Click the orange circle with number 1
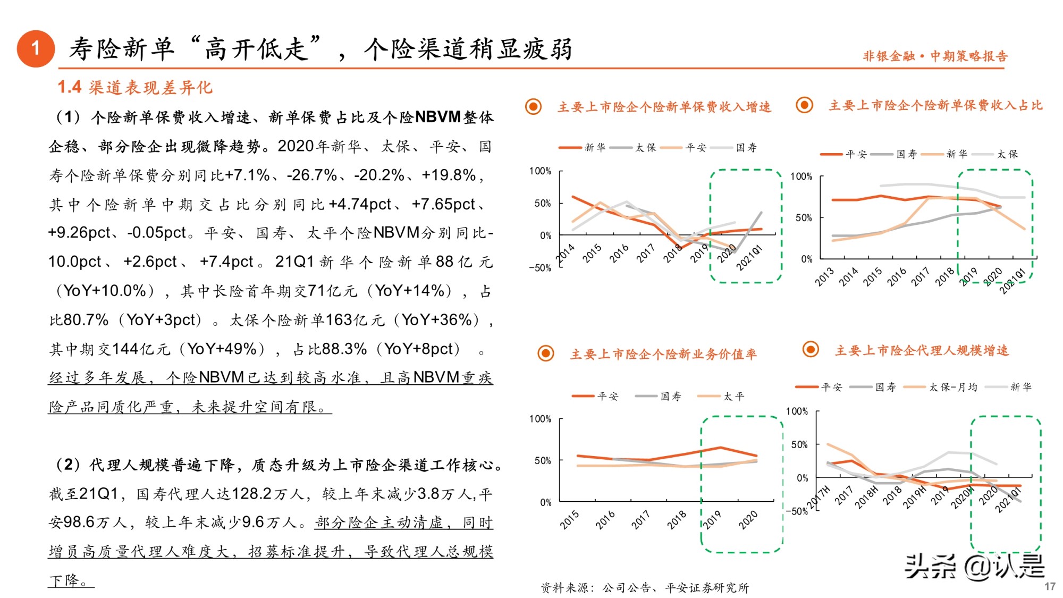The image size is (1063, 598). [x=36, y=49]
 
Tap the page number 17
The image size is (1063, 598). [x=1049, y=586]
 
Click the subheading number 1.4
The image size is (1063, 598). [x=69, y=87]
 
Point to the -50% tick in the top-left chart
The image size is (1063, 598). [x=540, y=268]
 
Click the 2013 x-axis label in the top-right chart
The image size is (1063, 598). [x=825, y=277]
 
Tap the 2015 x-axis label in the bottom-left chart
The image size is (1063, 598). [x=569, y=520]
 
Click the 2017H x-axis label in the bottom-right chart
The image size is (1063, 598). [x=819, y=497]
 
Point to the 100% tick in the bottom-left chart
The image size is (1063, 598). [x=540, y=419]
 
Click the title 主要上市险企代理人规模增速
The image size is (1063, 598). [x=922, y=350]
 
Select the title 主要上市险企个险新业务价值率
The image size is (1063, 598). [x=663, y=354]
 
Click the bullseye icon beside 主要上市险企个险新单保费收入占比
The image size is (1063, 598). [x=804, y=105]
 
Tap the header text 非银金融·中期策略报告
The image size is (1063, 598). [x=935, y=56]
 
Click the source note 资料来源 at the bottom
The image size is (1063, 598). [x=644, y=587]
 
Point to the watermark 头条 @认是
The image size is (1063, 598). [x=975, y=566]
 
